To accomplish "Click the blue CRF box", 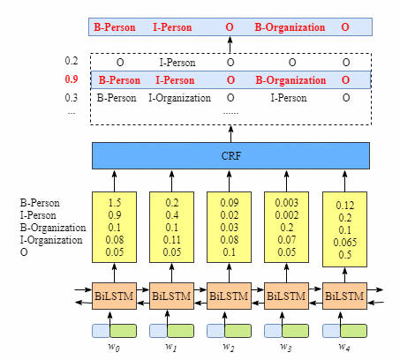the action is (230, 155).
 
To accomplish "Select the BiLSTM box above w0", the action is (114, 296).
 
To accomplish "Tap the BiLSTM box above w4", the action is (344, 296).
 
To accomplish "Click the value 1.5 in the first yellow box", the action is (115, 203).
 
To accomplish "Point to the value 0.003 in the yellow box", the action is (287, 203).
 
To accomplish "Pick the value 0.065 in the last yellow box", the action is (345, 243).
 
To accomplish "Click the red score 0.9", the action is (72, 79).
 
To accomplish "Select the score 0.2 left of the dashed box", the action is (72, 61).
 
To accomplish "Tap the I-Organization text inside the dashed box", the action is (179, 98).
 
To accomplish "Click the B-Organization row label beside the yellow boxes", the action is (53, 228).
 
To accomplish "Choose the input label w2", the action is (229, 347).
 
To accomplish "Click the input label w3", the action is (286, 347).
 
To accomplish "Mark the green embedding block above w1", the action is (180, 331).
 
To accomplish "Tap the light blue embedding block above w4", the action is (331, 331).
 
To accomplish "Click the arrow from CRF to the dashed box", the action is (230, 134).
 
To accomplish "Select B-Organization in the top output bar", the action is (290, 27).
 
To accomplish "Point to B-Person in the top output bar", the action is (115, 27).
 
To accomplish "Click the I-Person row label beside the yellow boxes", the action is (38, 215).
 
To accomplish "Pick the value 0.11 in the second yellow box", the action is (172, 240).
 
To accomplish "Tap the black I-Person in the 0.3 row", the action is (289, 98).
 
